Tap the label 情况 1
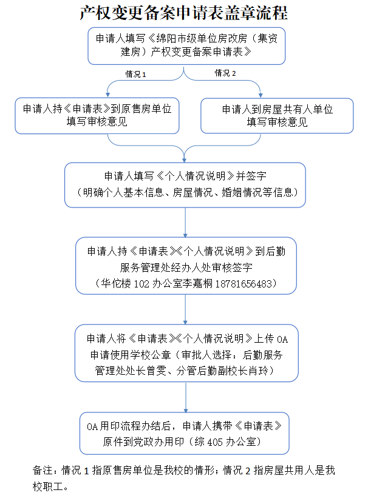coord(136,74)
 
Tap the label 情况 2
coord(225,73)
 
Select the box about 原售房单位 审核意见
coord(97,116)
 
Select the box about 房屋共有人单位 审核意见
coord(277,116)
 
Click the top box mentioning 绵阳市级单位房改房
coord(186,45)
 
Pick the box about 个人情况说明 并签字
coord(186,184)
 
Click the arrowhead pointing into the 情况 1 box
coord(108,95)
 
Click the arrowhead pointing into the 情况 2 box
coord(261,95)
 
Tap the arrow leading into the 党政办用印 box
coord(185,407)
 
